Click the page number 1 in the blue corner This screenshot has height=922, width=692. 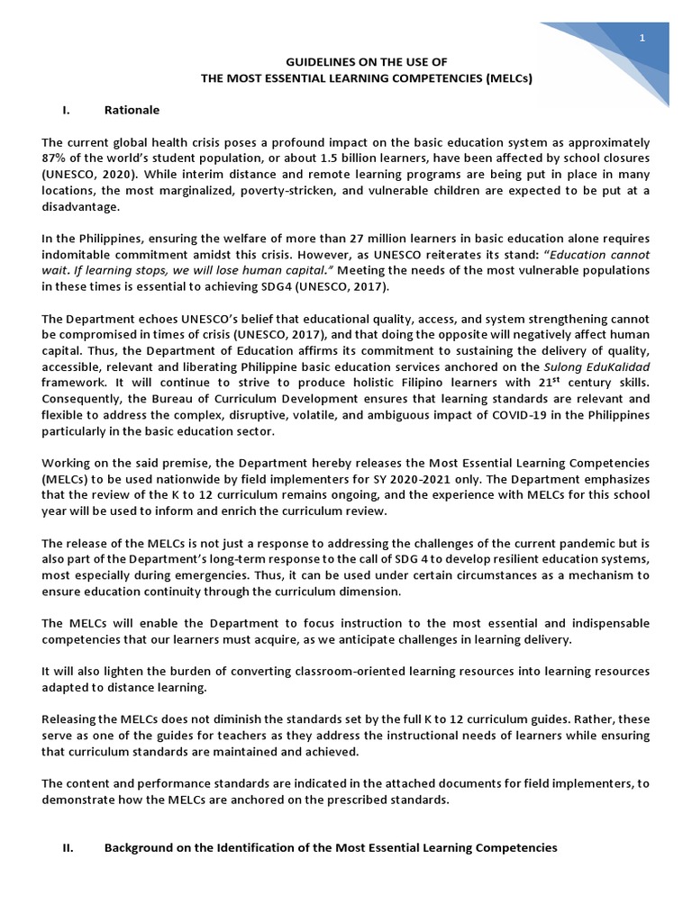point(642,37)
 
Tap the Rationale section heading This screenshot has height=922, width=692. point(132,110)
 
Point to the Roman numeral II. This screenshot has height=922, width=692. point(68,847)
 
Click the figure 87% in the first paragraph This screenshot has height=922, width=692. point(56,158)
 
